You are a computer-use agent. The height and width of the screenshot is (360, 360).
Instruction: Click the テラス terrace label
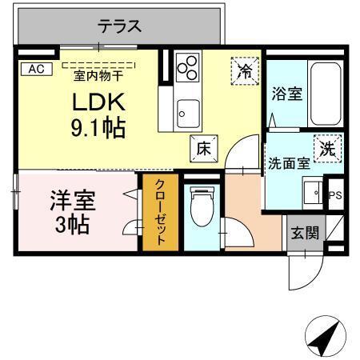pyautogui.click(x=120, y=26)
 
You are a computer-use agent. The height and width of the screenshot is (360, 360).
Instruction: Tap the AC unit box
pyautogui.click(x=35, y=70)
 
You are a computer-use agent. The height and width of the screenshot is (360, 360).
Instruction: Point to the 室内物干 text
pyautogui.click(x=98, y=76)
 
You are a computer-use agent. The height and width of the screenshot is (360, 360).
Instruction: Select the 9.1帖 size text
pyautogui.click(x=97, y=128)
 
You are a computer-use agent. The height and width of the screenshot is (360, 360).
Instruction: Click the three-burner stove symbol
pyautogui.click(x=188, y=69)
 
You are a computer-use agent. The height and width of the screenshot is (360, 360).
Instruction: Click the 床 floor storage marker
pyautogui.click(x=203, y=149)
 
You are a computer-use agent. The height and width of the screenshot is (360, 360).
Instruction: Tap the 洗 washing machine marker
pyautogui.click(x=328, y=148)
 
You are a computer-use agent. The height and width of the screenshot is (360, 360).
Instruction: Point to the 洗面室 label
pyautogui.click(x=288, y=164)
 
